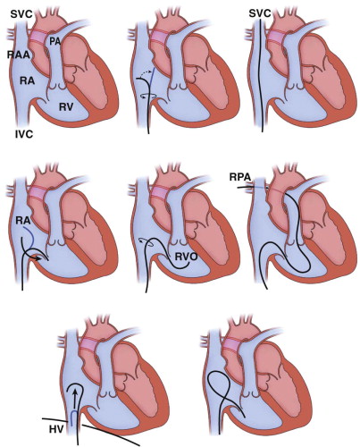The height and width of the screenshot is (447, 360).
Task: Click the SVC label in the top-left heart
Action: pos(21,13)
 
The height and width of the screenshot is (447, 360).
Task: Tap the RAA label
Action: pos(19,55)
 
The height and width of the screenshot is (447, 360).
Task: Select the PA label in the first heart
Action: pos(54,41)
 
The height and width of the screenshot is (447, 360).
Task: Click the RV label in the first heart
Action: pos(65,107)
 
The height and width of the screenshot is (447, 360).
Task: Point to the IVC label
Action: pos(24,134)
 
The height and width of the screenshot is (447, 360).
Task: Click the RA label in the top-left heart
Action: pos(27,80)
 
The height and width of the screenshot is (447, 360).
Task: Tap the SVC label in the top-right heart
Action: pos(260,13)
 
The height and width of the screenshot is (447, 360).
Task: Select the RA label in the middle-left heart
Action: pos(23,221)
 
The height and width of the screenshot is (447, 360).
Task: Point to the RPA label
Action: pos(240,177)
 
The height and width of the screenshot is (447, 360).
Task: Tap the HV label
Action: pos(56,429)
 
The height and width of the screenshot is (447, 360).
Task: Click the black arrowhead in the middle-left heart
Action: pos(38,258)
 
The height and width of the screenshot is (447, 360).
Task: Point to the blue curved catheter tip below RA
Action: pos(30,235)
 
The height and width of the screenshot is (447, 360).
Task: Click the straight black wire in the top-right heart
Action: pos(260,76)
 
